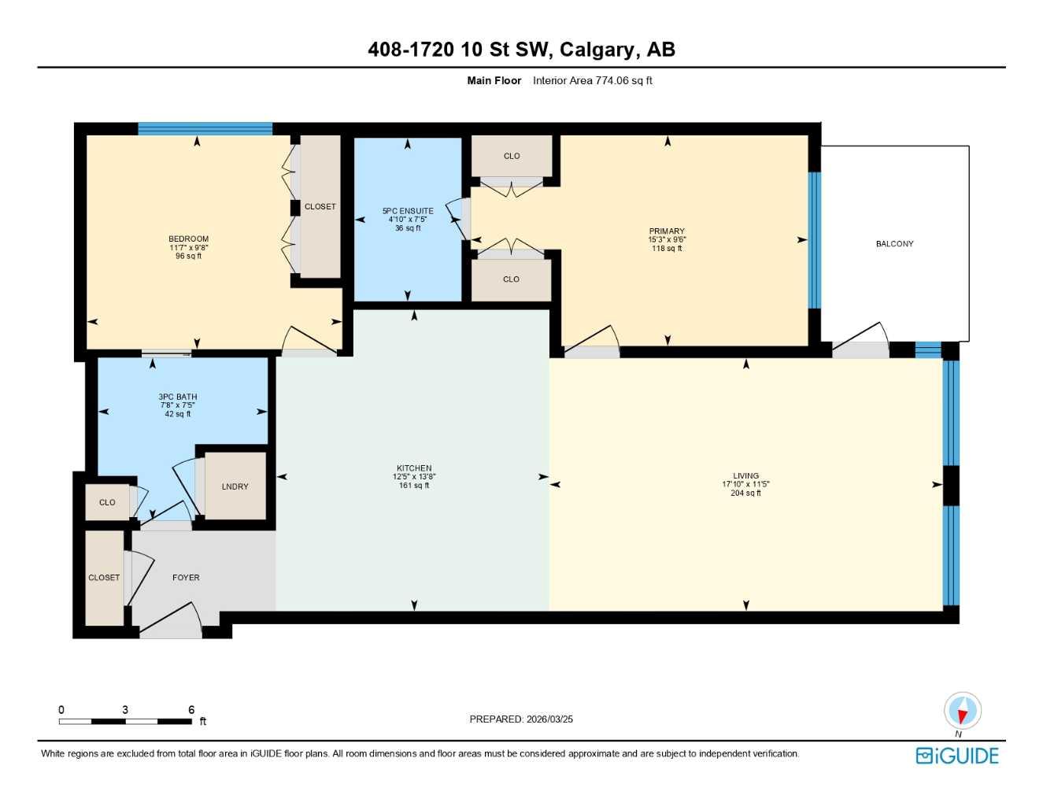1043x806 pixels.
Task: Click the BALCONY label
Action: point(894,244)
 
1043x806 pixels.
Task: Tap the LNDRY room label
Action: point(235,486)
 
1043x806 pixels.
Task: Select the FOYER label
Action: point(186,578)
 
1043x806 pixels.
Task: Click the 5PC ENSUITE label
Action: point(408,211)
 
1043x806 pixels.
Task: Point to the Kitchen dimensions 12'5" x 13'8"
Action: point(414,477)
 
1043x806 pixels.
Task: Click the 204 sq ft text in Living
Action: point(745,494)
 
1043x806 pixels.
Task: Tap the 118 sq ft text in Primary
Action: point(667,249)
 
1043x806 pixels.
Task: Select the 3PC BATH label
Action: point(177,397)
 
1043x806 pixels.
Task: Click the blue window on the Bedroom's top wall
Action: point(205,129)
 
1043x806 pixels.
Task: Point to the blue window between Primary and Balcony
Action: point(815,240)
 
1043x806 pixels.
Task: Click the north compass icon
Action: point(962,711)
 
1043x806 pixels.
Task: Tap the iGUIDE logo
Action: point(957,756)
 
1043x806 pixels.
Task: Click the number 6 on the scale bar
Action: point(191,710)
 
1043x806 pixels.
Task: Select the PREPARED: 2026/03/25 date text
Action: point(521,719)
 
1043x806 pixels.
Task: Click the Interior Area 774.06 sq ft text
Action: point(592,80)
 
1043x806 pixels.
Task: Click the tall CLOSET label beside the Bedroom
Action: point(320,207)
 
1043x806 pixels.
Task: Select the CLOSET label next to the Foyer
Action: point(104,578)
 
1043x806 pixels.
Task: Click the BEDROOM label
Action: point(188,239)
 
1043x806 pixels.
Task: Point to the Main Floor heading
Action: point(494,80)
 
